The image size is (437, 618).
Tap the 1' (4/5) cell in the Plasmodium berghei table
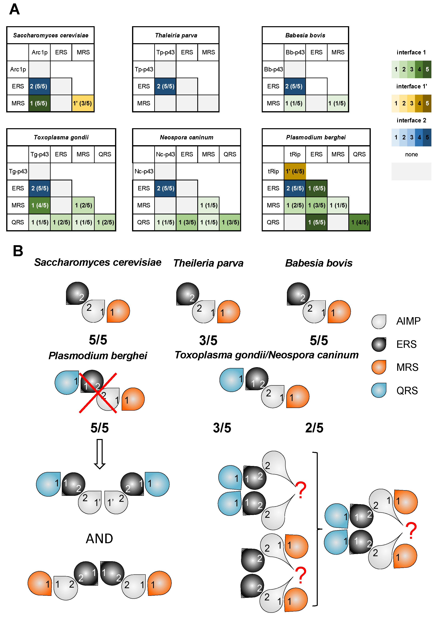click(295, 171)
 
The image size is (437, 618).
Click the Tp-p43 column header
click(165, 52)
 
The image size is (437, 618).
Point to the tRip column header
click(295, 154)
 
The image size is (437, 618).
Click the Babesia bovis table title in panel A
click(305, 35)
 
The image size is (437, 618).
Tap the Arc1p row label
click(18, 69)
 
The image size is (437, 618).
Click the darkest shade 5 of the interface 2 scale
click(427, 137)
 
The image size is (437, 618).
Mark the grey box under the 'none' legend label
click(411, 171)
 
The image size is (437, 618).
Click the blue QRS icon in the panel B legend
click(379, 390)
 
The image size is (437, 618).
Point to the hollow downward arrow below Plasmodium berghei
click(100, 454)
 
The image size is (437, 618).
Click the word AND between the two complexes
click(99, 539)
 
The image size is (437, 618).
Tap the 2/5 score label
click(314, 428)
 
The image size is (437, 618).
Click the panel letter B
click(18, 251)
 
